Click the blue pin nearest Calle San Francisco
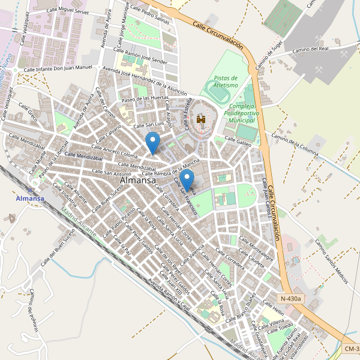click(x=188, y=179)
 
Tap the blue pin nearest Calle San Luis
click(x=154, y=142)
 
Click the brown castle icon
click(x=201, y=120)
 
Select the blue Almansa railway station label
click(x=31, y=199)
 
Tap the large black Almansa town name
click(x=138, y=180)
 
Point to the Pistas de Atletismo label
click(x=226, y=82)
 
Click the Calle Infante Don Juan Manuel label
click(x=58, y=70)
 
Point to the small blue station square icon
click(x=31, y=190)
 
